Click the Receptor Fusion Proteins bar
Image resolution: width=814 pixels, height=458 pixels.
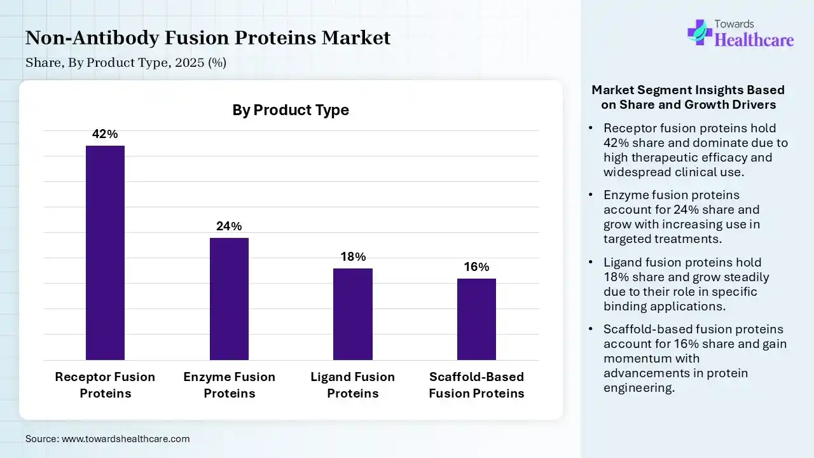click(x=105, y=253)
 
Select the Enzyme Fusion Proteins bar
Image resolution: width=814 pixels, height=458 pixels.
click(x=229, y=299)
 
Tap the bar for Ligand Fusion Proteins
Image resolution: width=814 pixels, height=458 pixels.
click(x=352, y=314)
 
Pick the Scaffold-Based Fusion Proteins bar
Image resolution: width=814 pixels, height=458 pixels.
click(x=476, y=319)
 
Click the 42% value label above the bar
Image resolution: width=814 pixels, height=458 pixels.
click(x=105, y=134)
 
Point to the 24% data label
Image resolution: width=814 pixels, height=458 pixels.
click(x=229, y=226)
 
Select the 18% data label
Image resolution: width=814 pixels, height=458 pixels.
click(x=352, y=257)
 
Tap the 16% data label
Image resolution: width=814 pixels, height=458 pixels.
click(x=476, y=267)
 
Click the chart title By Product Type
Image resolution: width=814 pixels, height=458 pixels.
click(x=291, y=110)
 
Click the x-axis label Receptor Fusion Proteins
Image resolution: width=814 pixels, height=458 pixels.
click(x=105, y=385)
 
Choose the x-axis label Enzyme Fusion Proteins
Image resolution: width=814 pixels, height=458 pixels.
click(x=229, y=385)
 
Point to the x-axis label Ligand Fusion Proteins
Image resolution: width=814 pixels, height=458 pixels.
click(x=352, y=385)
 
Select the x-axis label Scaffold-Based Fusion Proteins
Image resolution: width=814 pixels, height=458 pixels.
click(x=476, y=385)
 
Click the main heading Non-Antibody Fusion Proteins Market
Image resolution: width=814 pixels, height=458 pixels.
click(x=208, y=38)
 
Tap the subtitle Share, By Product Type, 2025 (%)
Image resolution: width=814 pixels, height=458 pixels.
click(x=126, y=63)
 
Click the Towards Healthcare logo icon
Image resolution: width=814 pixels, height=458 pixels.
click(x=700, y=32)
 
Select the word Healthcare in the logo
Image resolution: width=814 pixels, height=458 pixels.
click(x=754, y=40)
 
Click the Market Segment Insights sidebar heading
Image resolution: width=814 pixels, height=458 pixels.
click(x=688, y=97)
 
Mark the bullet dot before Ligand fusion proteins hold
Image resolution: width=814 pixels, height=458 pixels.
click(x=591, y=263)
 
